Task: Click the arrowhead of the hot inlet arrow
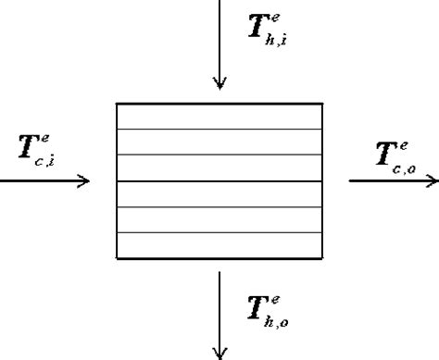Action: click(219, 84)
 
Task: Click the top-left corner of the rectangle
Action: click(116, 103)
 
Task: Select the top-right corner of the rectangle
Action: click(323, 103)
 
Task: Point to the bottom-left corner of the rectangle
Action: click(116, 258)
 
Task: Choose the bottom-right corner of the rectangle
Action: click(323, 258)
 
